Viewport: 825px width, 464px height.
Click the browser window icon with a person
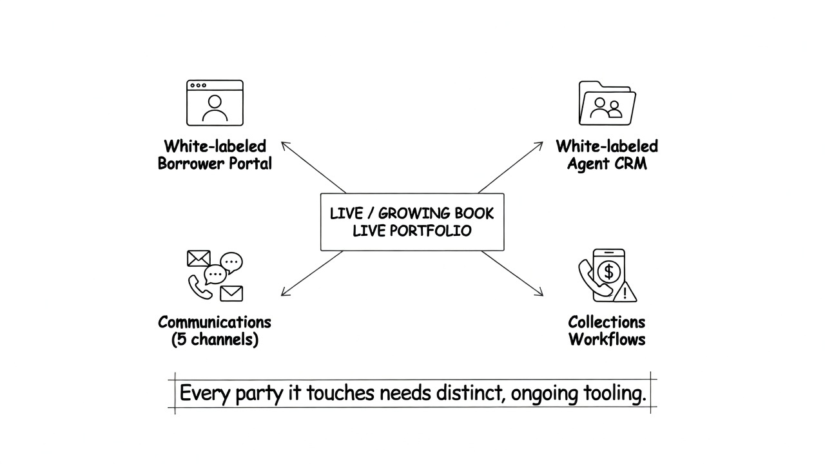point(215,103)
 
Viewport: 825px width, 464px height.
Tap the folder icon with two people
point(607,103)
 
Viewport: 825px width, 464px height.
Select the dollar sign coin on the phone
point(609,272)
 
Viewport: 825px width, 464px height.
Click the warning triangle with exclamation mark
point(625,293)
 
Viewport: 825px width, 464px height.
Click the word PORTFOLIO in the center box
point(431,231)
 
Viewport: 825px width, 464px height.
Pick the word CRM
point(630,164)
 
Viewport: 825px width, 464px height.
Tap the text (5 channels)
point(215,339)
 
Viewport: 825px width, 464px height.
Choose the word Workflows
point(607,339)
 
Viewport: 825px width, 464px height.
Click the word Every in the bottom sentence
point(204,394)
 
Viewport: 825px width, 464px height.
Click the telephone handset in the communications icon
point(199,287)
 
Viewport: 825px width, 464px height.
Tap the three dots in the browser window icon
point(198,86)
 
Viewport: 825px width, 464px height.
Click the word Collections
point(607,322)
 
